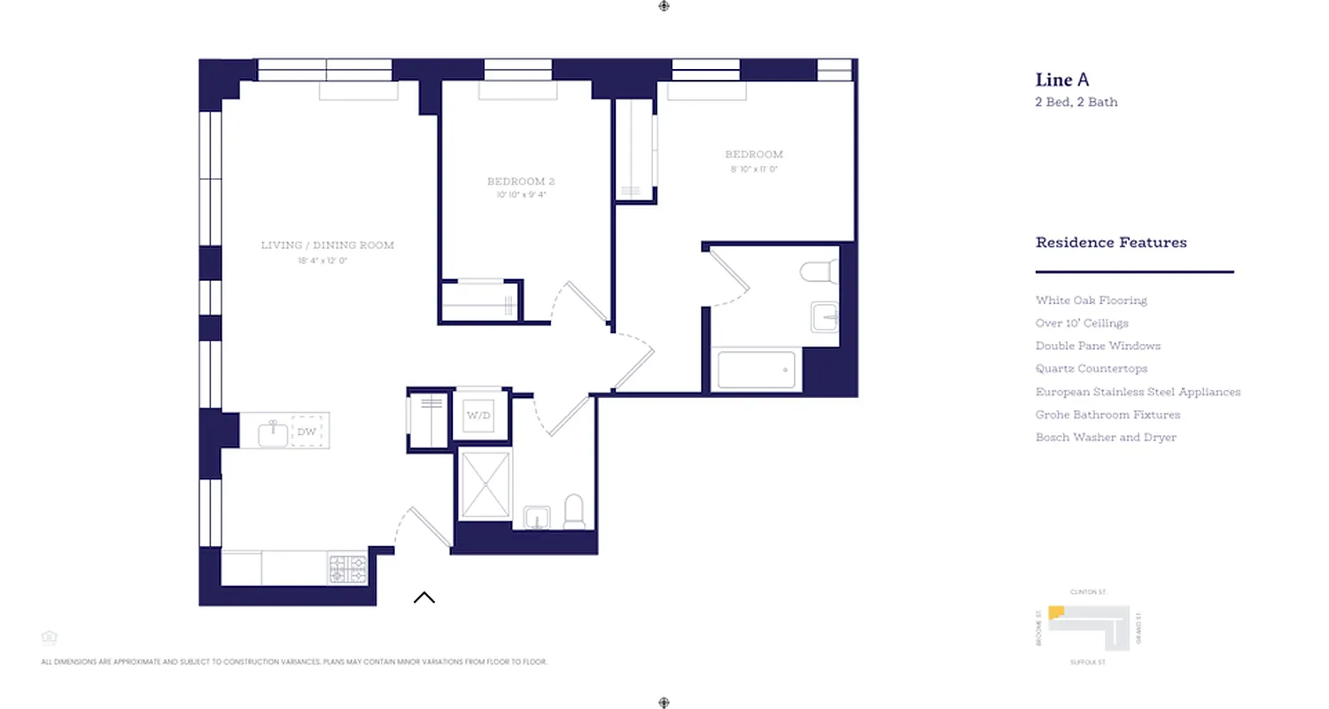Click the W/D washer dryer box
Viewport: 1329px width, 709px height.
(x=480, y=415)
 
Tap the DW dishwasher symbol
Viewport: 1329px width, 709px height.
(x=307, y=432)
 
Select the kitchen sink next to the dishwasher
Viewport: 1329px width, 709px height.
(x=273, y=433)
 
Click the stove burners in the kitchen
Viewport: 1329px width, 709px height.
(x=347, y=568)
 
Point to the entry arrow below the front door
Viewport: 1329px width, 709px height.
(x=424, y=597)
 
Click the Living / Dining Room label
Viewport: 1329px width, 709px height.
(x=327, y=245)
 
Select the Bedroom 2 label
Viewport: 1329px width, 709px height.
(x=521, y=182)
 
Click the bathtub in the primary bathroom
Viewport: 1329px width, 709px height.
(x=756, y=370)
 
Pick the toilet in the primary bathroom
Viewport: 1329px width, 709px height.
(x=819, y=269)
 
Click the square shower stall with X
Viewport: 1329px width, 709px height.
(x=485, y=484)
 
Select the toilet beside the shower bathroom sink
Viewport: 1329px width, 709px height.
(x=574, y=511)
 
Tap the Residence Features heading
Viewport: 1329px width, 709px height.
(x=1111, y=243)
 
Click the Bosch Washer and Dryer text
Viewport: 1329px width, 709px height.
(x=1106, y=438)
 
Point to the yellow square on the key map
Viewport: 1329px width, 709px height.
(x=1056, y=612)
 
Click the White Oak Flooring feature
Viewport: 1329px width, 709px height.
(x=1091, y=300)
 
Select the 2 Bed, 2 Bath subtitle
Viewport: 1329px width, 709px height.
(x=1076, y=102)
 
